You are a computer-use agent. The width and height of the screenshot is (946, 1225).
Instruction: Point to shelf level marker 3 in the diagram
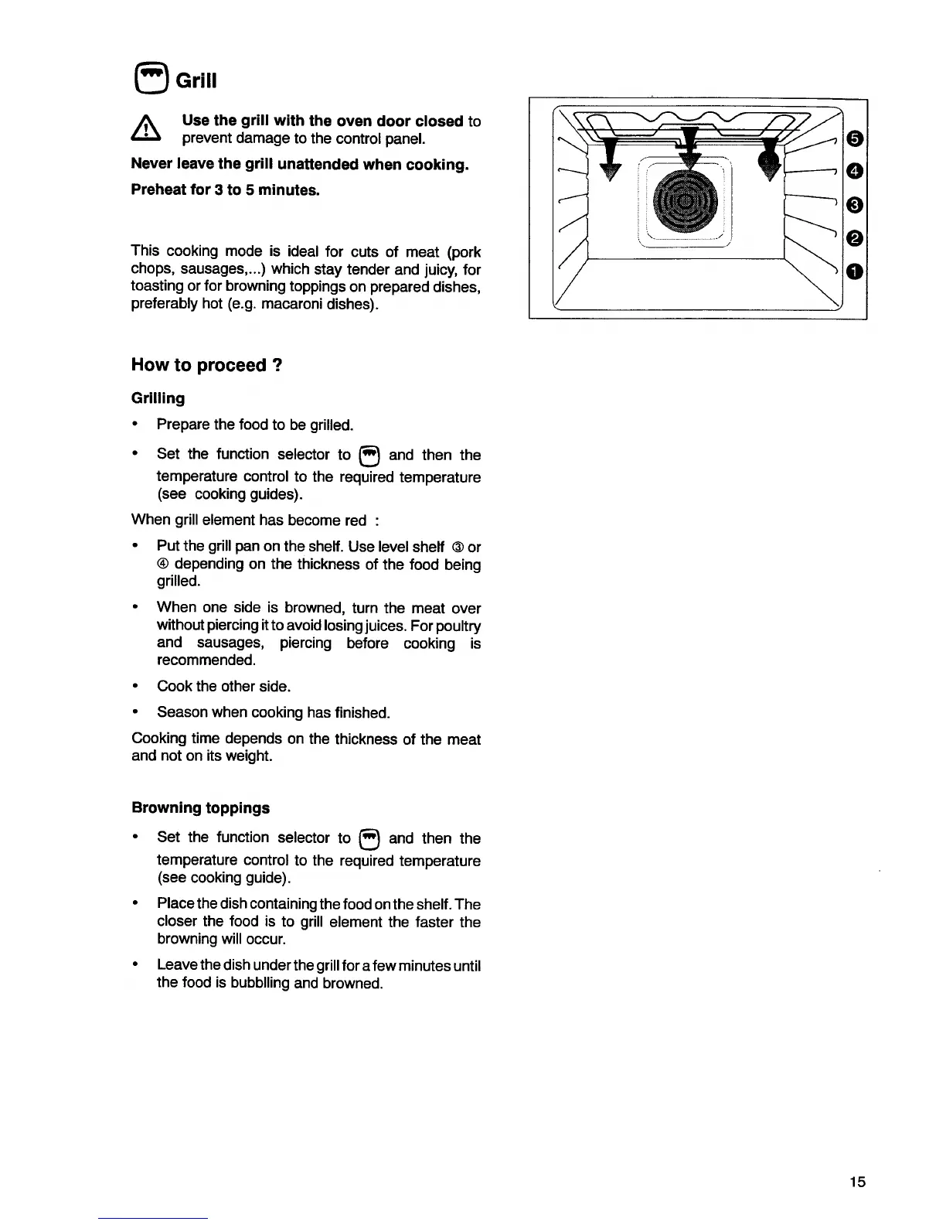point(853,204)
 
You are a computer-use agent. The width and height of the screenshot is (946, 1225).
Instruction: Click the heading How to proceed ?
point(207,365)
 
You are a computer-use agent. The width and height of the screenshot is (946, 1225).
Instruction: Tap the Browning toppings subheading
point(201,808)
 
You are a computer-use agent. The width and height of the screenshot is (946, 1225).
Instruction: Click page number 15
point(857,1182)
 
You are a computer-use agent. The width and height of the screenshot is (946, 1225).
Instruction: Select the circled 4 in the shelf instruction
point(163,565)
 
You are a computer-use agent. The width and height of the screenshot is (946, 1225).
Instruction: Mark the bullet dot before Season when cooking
point(136,712)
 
